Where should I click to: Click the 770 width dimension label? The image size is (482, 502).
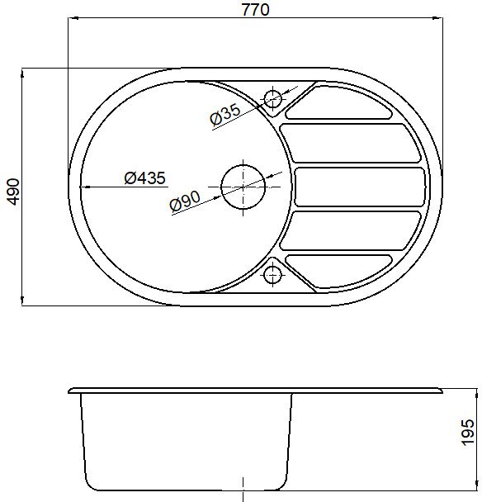tap(255, 9)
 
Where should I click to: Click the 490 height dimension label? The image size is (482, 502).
tap(13, 192)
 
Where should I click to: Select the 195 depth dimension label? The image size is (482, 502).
tap(467, 432)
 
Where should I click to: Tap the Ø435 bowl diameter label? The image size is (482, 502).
tap(145, 178)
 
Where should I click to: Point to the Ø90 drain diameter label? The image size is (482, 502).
tap(186, 201)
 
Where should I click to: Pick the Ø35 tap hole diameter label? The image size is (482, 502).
tap(225, 114)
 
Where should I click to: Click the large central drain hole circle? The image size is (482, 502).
tap(243, 187)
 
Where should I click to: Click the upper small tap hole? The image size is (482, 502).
tap(272, 98)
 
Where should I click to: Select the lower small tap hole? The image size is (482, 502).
tap(272, 275)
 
